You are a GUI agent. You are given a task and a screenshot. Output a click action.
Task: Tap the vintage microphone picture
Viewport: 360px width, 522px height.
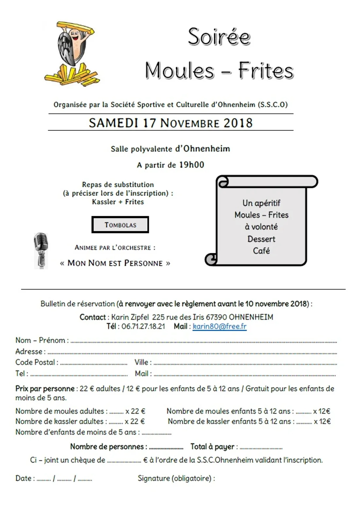(x=41, y=251)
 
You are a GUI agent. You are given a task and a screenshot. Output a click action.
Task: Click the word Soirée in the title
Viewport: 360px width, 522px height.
(x=219, y=37)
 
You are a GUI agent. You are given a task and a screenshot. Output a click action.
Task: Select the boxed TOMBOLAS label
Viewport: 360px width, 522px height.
(x=120, y=225)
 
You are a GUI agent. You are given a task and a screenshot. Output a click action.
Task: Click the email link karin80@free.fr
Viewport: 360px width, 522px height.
(x=219, y=326)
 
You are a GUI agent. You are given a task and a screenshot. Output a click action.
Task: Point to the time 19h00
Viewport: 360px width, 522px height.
(x=191, y=165)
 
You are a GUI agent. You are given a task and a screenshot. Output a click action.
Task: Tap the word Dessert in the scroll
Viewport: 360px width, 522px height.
(x=261, y=239)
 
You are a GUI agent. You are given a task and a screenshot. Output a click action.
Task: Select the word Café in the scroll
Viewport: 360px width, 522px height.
(x=261, y=251)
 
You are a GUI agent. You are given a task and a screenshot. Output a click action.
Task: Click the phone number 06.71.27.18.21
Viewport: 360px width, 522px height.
(x=143, y=326)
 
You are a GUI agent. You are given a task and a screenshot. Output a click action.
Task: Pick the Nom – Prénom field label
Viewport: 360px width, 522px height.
(x=42, y=340)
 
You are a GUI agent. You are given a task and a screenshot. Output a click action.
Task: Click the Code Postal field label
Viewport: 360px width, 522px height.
(x=37, y=362)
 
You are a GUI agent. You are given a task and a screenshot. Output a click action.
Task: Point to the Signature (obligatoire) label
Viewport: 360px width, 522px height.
(x=176, y=478)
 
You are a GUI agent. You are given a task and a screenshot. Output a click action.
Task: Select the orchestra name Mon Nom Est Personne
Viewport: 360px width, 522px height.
(x=115, y=263)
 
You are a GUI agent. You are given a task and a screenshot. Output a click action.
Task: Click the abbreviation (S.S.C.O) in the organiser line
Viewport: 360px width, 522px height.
(x=273, y=105)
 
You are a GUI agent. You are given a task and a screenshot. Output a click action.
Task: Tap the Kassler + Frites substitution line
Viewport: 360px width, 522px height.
(x=118, y=202)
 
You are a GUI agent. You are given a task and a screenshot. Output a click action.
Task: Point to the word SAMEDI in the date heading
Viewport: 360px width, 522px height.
(x=113, y=123)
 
